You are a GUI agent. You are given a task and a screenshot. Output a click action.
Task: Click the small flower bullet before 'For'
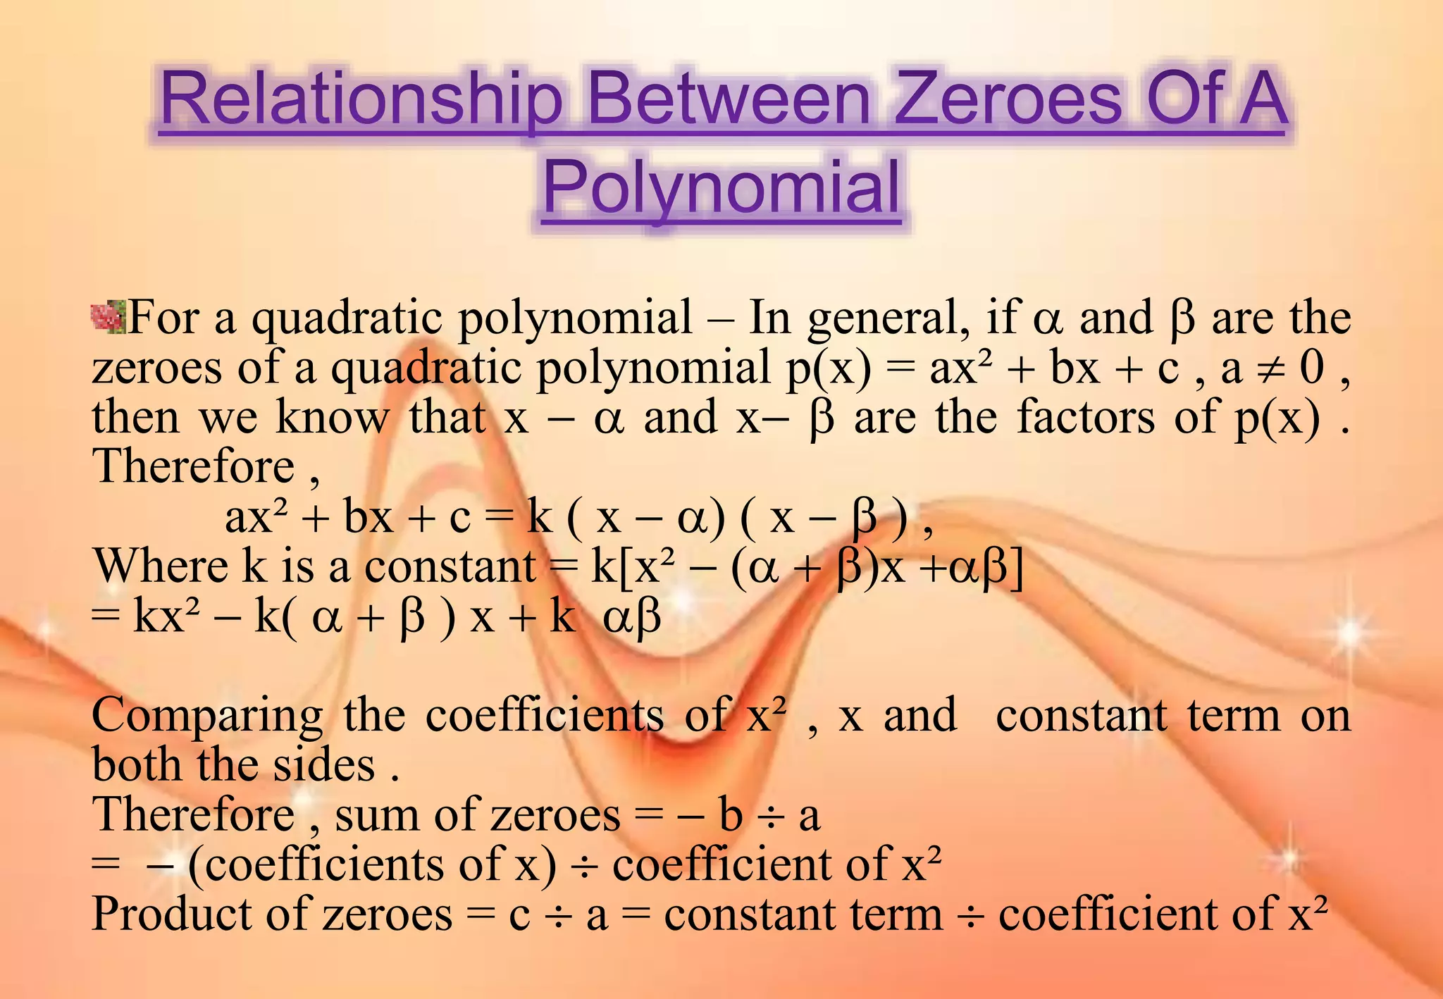coord(109,316)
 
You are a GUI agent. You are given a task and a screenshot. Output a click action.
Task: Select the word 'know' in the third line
coord(331,417)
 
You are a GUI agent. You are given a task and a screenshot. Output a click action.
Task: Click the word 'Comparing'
coord(208,716)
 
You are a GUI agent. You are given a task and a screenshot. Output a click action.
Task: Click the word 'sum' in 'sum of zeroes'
coord(377,816)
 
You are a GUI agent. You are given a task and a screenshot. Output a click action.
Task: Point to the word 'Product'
coord(173,914)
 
